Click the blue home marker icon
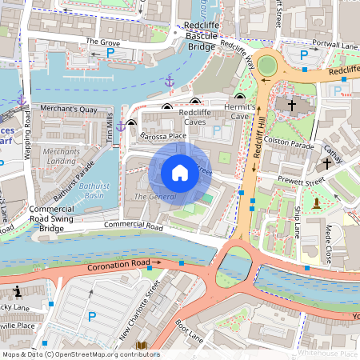pos(180,172)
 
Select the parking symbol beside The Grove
pos(110,53)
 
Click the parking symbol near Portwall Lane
pos(303,55)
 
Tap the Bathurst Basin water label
pos(93,190)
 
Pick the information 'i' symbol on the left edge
pos(18,290)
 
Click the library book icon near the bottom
pos(142,346)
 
